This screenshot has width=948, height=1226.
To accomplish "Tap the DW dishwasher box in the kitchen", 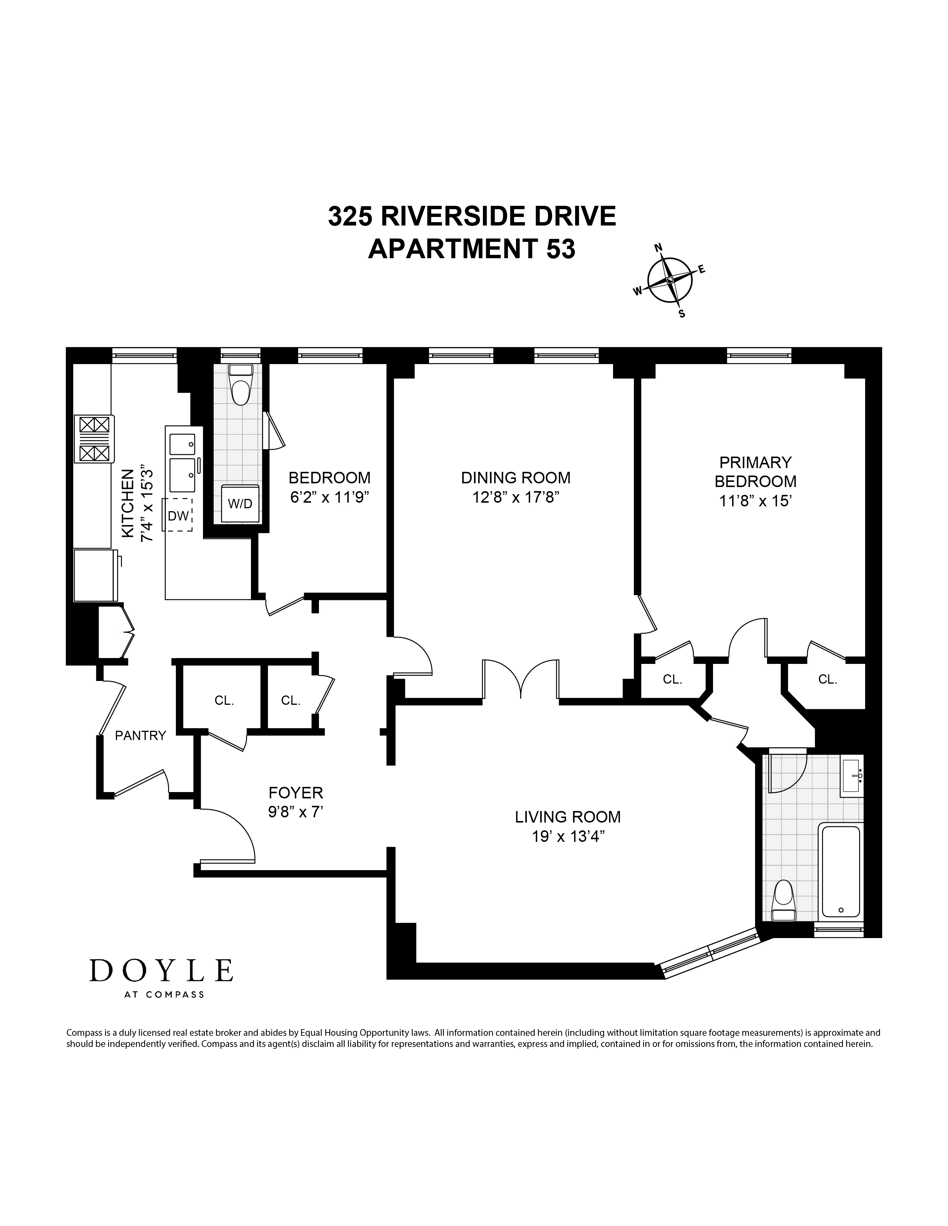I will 178,515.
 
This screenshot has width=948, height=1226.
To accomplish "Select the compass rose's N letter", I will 660,247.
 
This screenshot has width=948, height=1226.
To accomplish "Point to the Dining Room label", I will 516,478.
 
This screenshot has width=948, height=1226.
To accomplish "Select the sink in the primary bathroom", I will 851,776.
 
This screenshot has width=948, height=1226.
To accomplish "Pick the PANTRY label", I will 141,735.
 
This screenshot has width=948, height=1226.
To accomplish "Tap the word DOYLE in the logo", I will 161,970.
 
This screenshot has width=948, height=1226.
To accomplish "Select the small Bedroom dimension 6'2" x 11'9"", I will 330,497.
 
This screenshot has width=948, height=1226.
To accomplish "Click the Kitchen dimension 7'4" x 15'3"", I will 146,503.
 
